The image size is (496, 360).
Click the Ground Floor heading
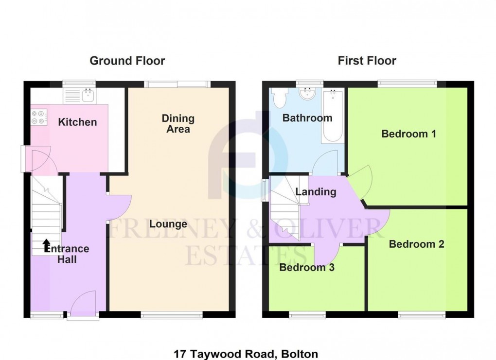coord(127,61)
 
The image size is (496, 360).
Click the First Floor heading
coord(367,61)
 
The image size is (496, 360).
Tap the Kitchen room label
coord(77,122)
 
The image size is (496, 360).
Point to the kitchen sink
coord(88,95)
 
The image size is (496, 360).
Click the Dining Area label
coord(178,123)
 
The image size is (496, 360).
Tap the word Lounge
coord(168,224)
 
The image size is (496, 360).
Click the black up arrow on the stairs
coord(46,245)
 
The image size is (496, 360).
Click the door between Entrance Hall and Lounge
coord(119,207)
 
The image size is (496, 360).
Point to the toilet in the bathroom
coord(280,97)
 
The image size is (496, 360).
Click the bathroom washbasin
coord(307,94)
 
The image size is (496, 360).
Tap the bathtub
coord(333,116)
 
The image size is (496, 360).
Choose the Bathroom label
coord(307,118)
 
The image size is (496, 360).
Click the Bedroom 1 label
coord(408,134)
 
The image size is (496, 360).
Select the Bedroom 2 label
coord(416,244)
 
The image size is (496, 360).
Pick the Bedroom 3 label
coord(306,267)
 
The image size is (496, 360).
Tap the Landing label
coord(316,192)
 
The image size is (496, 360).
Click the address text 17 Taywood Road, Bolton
coord(246,354)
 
